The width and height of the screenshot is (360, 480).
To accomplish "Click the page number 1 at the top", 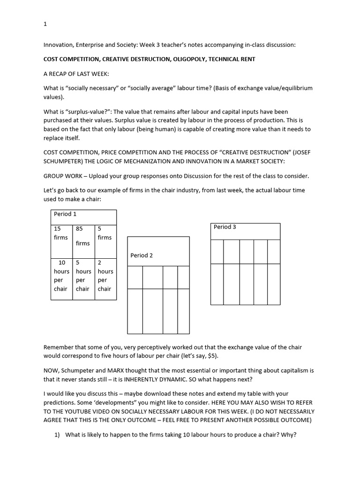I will coord(45,24).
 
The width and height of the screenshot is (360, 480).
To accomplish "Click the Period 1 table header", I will coord(65,214).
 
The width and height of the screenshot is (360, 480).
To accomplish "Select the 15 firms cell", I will coord(61,233).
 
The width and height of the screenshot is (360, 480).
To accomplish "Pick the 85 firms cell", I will coord(82,236).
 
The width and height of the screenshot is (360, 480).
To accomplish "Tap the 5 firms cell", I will coord(105,233).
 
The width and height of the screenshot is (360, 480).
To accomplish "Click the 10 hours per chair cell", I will coord(61,276).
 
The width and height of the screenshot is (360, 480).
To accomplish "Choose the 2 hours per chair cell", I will coord(105,276).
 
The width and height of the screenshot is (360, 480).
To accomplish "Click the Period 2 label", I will coord(142,255).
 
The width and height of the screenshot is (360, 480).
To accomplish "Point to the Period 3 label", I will coord(225,227).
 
